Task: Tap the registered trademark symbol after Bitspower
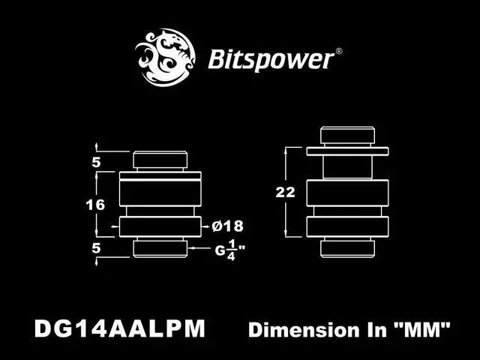pyautogui.click(x=338, y=52)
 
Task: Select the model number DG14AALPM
pyautogui.click(x=119, y=328)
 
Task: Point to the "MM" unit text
pyautogui.click(x=424, y=329)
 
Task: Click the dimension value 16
pyautogui.click(x=94, y=204)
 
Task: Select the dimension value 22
pyautogui.click(x=285, y=192)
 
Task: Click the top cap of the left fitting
pyautogui.click(x=160, y=160)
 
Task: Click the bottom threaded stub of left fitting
pyautogui.click(x=160, y=248)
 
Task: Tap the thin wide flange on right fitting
pyautogui.click(x=347, y=151)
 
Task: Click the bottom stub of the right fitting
pyautogui.click(x=347, y=248)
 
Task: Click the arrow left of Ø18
pyautogui.click(x=205, y=226)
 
